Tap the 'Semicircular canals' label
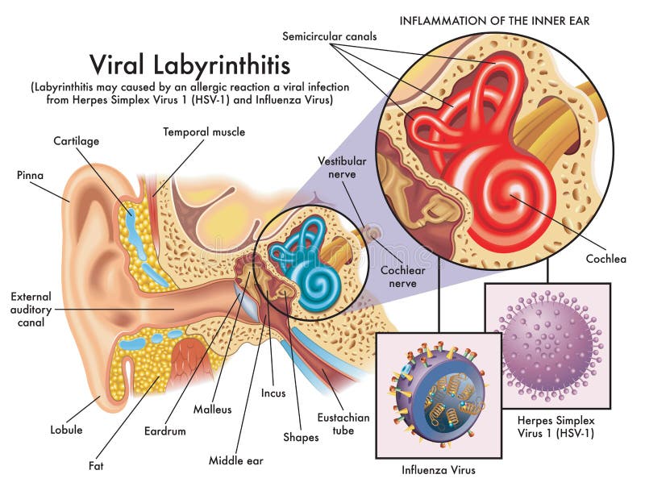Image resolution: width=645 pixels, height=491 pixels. pos(331,36)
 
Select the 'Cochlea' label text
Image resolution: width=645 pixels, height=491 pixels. pos(606,259)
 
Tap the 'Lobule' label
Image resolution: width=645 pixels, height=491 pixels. pos(67,430)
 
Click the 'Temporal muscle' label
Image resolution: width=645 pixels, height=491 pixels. pos(204,131)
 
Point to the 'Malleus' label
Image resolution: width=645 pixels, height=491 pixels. pos(213,409)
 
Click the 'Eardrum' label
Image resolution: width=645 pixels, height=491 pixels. pos(166,431)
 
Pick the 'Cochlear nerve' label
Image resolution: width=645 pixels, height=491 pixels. pos(402,277)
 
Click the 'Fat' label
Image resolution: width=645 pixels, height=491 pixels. pos(95,465)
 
